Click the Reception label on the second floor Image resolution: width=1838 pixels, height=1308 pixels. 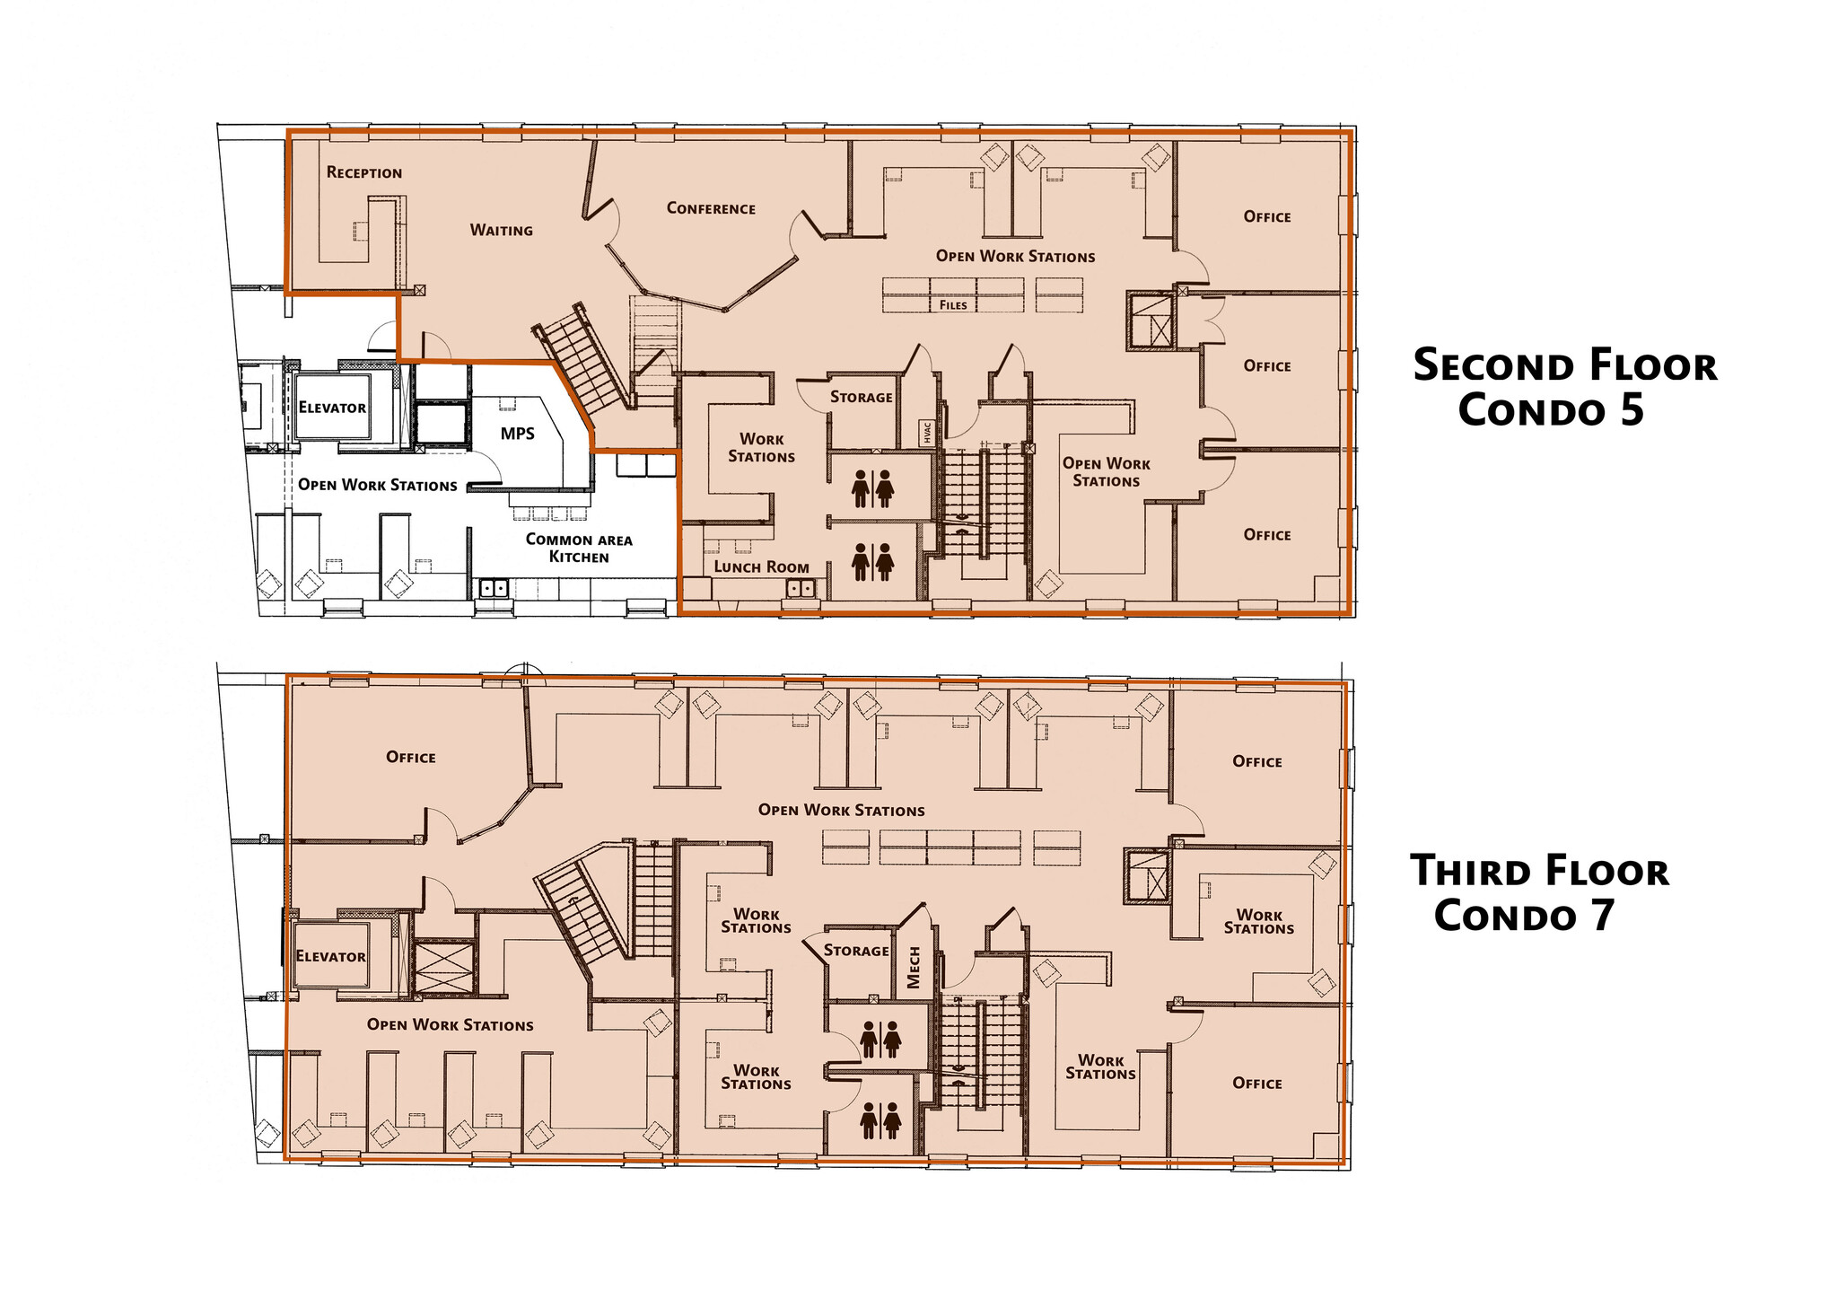[363, 172]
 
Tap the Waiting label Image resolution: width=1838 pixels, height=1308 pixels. [501, 231]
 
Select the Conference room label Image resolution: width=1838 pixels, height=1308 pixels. [711, 208]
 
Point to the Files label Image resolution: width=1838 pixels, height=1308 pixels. [953, 305]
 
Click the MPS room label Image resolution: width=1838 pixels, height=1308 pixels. [518, 434]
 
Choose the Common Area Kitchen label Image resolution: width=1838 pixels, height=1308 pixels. [579, 548]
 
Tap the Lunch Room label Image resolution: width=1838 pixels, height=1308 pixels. [761, 567]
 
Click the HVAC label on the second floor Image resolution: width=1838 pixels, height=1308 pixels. [927, 432]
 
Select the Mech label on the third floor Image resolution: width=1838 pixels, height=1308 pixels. [914, 968]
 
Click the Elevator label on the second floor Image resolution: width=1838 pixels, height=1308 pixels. [332, 408]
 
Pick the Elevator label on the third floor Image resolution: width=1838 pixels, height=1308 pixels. [330, 957]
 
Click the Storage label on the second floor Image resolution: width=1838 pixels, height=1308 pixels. [861, 397]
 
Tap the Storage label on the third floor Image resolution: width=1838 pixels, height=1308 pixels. [856, 951]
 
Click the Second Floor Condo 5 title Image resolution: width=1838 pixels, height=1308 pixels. [1564, 388]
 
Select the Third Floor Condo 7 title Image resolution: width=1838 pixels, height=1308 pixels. [1539, 893]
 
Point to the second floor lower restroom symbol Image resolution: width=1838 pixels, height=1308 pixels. [872, 561]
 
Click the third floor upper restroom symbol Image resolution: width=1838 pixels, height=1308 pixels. [880, 1040]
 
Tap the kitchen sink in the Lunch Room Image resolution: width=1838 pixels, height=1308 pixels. [801, 589]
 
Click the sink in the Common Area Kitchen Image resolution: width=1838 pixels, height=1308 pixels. [494, 589]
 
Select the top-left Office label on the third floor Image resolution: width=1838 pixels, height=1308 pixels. [411, 758]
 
